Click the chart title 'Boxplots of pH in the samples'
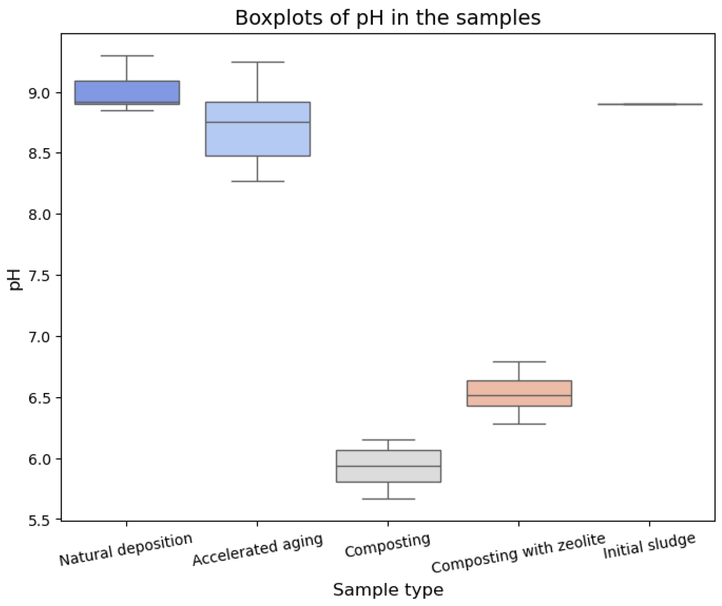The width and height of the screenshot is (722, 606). coord(387,18)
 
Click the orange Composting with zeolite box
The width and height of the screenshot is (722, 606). coord(519,393)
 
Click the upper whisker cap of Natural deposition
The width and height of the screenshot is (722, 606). coord(127,56)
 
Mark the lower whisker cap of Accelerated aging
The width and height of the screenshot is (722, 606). coord(257,181)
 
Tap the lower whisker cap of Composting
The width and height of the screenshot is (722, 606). coord(388,499)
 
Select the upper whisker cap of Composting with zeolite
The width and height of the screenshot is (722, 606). coord(519,362)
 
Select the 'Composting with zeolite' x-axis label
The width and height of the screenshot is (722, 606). coord(518,553)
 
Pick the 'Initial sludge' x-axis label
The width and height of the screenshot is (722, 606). coord(649,546)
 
